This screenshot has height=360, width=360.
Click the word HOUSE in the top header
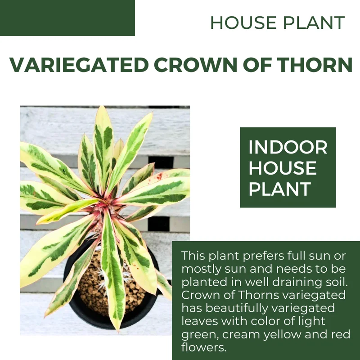238,22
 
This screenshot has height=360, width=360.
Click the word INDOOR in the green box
288,147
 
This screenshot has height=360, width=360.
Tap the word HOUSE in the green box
283,168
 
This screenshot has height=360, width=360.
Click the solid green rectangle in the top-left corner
67,18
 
